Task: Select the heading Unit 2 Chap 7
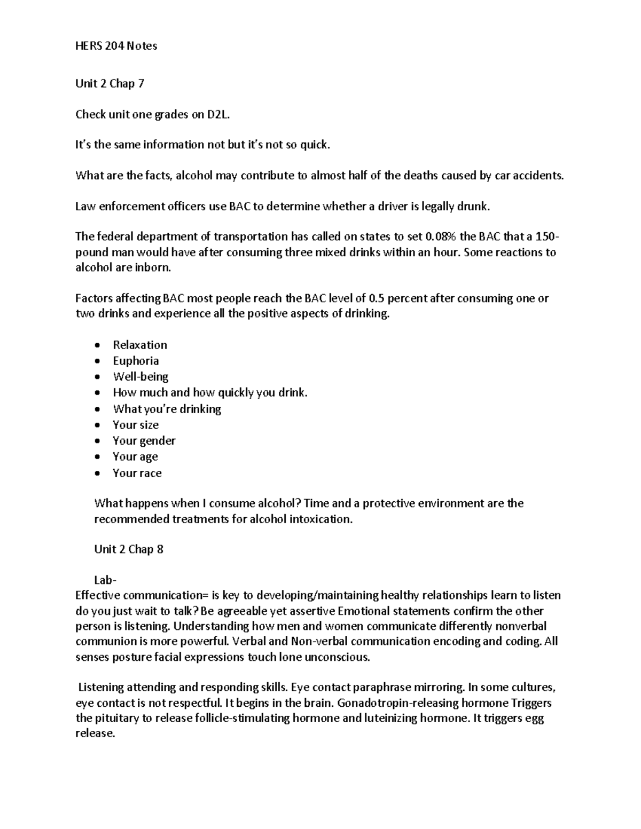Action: point(110,83)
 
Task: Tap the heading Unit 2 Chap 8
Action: point(129,549)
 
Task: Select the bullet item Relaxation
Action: point(140,345)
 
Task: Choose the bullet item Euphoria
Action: point(136,361)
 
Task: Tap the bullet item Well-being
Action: point(140,377)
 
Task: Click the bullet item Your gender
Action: point(144,441)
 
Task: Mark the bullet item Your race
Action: point(137,473)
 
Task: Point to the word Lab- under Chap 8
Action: point(106,580)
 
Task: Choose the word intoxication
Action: point(320,519)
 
